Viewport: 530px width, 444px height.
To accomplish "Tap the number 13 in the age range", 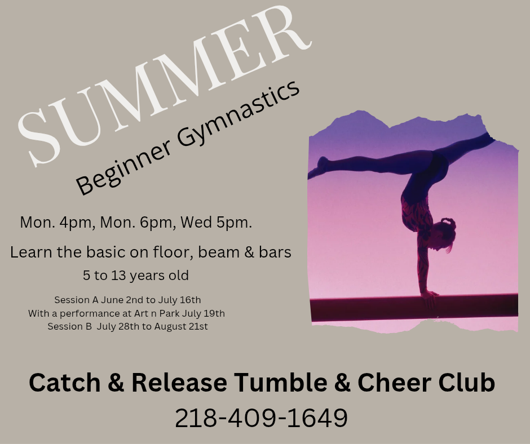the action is pyautogui.click(x=118, y=276).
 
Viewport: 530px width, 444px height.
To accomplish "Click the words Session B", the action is pyautogui.click(x=69, y=327).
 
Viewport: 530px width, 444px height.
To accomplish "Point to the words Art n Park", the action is pyautogui.click(x=157, y=314).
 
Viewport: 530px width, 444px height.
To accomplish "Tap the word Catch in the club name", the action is pyautogui.click(x=65, y=383).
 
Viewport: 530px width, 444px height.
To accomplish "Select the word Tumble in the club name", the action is pyautogui.click(x=280, y=383).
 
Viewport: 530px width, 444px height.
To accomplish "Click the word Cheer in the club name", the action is pyautogui.click(x=394, y=383).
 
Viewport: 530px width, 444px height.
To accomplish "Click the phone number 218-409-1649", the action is pyautogui.click(x=261, y=418).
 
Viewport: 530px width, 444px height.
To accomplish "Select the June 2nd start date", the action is pyautogui.click(x=123, y=300).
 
